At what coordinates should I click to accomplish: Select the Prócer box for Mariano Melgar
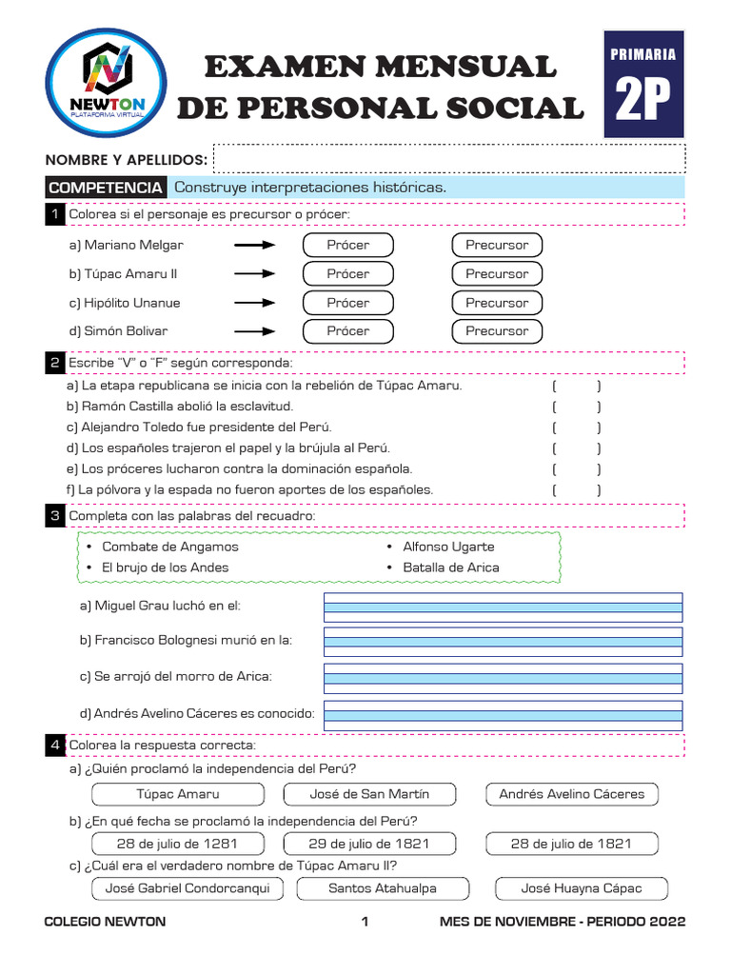point(347,245)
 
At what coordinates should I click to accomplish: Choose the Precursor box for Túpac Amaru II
point(496,274)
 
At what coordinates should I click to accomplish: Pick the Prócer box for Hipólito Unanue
point(347,303)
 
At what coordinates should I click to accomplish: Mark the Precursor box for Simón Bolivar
point(496,331)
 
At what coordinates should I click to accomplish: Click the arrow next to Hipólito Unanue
point(254,303)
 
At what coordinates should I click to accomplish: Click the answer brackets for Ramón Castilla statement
point(576,408)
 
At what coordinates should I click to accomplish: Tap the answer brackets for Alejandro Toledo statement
point(576,428)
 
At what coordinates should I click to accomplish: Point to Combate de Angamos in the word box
point(169,547)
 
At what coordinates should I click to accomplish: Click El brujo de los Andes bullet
point(165,567)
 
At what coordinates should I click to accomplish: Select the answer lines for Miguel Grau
point(503,607)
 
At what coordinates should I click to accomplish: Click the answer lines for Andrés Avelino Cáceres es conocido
point(503,714)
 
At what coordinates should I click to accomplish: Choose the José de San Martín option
point(369,794)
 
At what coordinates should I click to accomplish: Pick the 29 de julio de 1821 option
point(369,844)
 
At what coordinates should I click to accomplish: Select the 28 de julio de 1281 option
point(177,844)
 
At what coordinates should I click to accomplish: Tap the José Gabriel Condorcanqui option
point(188,888)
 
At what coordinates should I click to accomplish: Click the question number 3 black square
point(55,516)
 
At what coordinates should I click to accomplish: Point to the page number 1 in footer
point(365,922)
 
